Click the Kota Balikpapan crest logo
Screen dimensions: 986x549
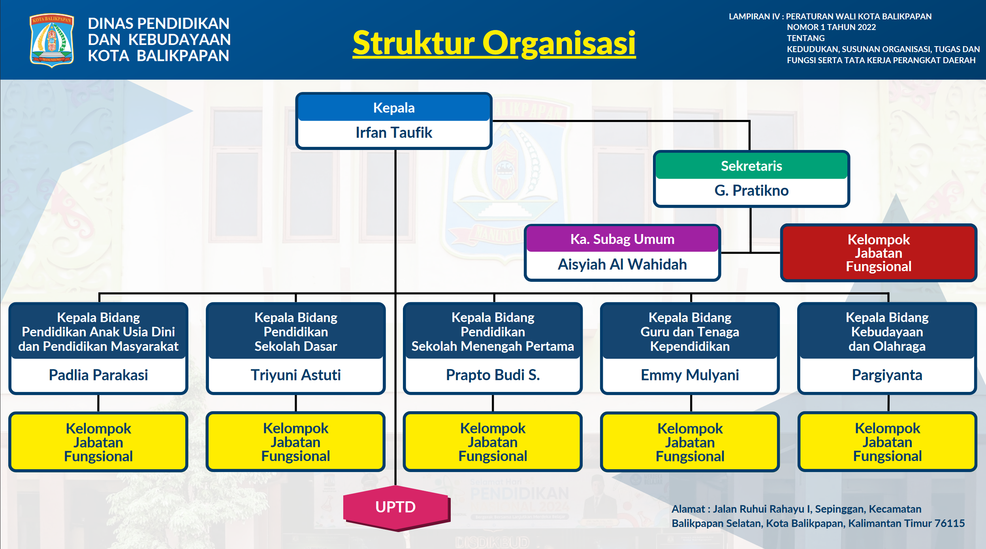coord(52,40)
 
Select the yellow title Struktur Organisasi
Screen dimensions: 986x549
coord(494,43)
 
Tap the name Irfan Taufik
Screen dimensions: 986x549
coord(394,133)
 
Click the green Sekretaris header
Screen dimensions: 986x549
coord(751,166)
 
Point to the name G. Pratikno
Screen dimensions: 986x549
coord(751,191)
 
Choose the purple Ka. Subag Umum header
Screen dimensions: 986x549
coord(622,239)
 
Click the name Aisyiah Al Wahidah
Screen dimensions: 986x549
coord(622,264)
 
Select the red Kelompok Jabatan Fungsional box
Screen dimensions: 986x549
coord(879,253)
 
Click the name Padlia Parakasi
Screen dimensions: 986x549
coord(98,375)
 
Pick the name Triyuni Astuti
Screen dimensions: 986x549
coord(295,375)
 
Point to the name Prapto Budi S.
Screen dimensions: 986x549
coord(493,375)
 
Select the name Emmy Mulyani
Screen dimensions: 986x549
coord(690,375)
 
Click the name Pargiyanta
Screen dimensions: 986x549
coord(887,375)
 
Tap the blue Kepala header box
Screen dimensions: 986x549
coord(394,108)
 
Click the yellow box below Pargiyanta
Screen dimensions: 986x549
coord(887,442)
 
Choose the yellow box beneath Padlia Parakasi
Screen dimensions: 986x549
coord(98,442)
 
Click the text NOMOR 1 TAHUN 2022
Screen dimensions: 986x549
coord(831,27)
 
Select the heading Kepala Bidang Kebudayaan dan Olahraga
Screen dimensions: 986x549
coord(887,332)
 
